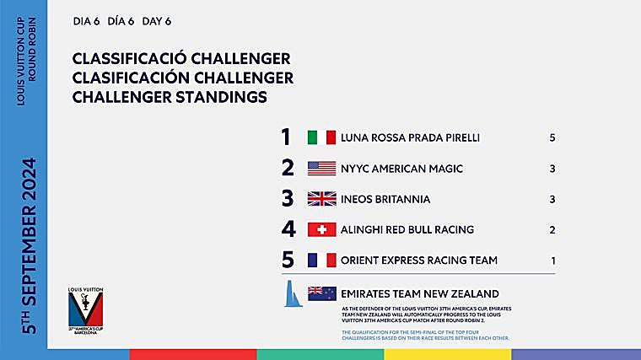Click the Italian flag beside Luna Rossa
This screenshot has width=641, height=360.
(x=321, y=137)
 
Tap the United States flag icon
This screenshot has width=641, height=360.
(x=321, y=169)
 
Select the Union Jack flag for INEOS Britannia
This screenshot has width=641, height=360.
(x=321, y=199)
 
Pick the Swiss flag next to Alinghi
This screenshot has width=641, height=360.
(x=321, y=229)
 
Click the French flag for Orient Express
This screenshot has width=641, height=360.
(x=321, y=261)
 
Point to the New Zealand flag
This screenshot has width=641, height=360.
(x=321, y=293)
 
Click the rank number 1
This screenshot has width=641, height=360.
(x=286, y=137)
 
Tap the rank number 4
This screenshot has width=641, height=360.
(x=288, y=229)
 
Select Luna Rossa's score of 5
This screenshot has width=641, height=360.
(x=552, y=137)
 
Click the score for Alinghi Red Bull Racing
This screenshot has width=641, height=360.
(x=552, y=229)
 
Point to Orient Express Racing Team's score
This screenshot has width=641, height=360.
(x=552, y=261)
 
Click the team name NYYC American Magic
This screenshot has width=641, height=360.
(x=401, y=169)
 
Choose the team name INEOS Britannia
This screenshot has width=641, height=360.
(x=385, y=199)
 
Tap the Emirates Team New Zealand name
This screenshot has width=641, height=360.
(x=419, y=293)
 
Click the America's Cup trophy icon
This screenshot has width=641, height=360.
(x=291, y=293)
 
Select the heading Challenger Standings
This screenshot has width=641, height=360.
(x=170, y=97)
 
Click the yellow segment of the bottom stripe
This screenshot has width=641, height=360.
(x=447, y=354)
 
